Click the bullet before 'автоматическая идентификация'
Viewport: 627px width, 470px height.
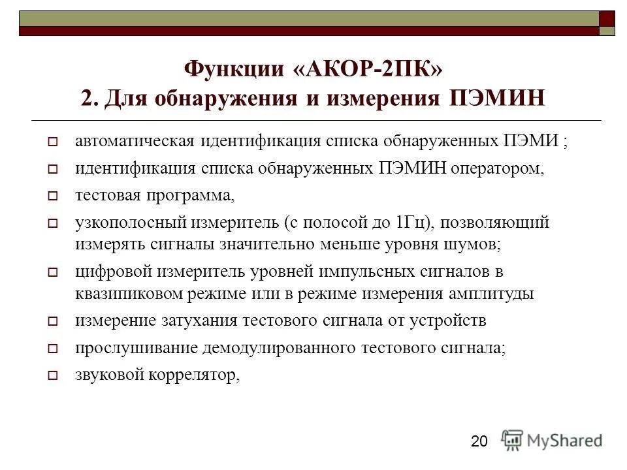[54, 142]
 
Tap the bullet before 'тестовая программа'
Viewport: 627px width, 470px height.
[54, 196]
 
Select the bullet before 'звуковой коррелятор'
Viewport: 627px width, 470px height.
[54, 375]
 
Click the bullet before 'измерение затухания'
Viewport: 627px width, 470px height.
[54, 321]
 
